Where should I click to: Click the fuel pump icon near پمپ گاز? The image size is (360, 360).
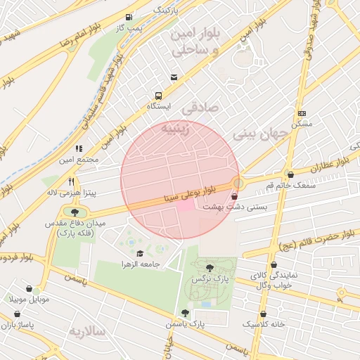128,17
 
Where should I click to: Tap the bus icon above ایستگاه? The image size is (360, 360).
158,96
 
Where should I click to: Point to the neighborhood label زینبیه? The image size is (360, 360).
175,130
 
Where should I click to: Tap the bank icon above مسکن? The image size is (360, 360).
302,113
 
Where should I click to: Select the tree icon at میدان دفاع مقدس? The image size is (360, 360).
75,211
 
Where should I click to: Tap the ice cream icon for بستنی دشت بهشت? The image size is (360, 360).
234,197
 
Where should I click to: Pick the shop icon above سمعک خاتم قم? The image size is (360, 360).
290,174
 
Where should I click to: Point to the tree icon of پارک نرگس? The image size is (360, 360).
210,267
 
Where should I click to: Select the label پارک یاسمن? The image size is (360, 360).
186,325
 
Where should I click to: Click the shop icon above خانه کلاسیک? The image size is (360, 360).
264,314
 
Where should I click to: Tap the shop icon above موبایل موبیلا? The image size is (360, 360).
29,288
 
